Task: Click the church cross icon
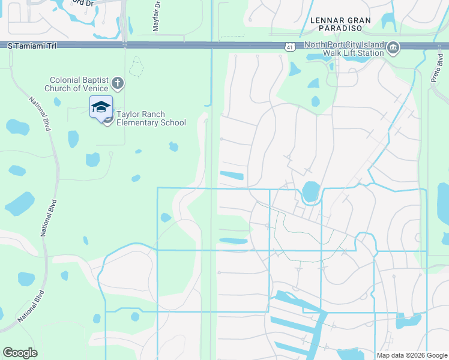(x=118, y=83)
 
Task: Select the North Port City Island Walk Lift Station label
(x=343, y=49)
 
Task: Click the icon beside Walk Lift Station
(x=393, y=48)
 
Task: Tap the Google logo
(x=20, y=353)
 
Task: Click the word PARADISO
(x=341, y=28)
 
